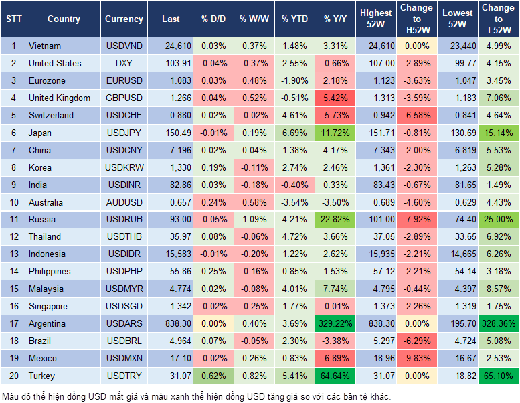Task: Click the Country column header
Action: point(64,19)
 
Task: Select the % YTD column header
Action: point(294,19)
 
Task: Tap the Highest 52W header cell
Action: point(375,19)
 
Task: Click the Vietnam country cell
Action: point(45,46)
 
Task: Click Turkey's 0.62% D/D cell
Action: point(213,376)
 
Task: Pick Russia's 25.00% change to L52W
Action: point(498,219)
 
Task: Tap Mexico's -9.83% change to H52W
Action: point(416,358)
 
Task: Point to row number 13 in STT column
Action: point(13,254)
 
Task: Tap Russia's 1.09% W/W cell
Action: point(253,219)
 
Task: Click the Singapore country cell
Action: point(48,306)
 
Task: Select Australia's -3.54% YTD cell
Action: point(294,202)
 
